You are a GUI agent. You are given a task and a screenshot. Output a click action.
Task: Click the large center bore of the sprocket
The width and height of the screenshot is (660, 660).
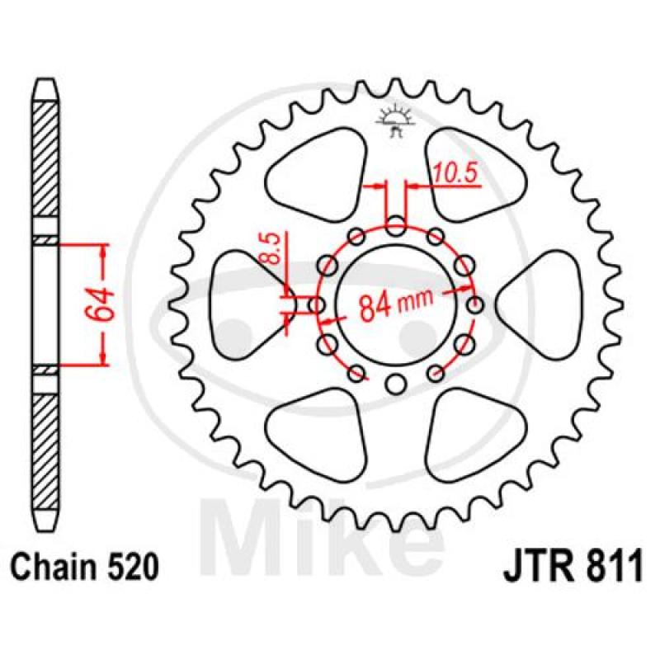(x=395, y=304)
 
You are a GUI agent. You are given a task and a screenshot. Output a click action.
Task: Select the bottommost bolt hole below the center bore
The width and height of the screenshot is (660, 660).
(x=395, y=384)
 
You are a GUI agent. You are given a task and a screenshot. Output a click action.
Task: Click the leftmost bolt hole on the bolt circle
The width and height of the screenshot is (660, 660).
(x=317, y=304)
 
